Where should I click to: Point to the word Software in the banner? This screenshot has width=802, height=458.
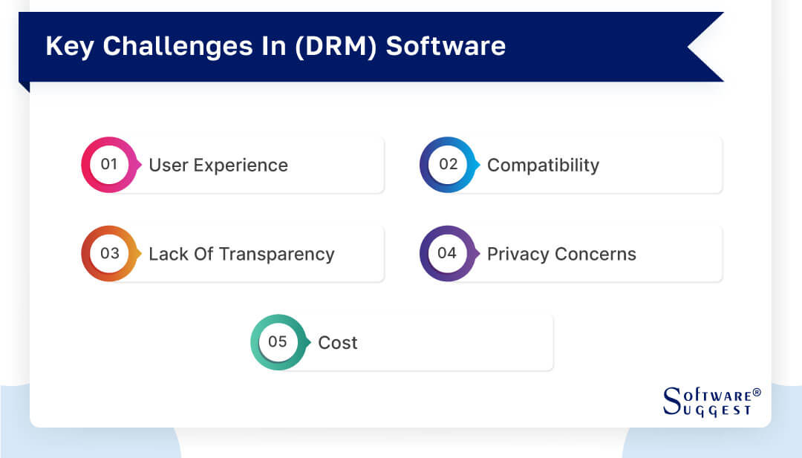pyautogui.click(x=446, y=46)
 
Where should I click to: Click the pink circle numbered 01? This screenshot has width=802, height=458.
pyautogui.click(x=109, y=165)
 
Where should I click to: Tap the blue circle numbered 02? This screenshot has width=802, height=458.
pyautogui.click(x=448, y=165)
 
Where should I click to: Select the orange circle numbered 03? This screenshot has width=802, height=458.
pyautogui.click(x=109, y=254)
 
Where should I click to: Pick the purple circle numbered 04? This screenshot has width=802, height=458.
pyautogui.click(x=448, y=254)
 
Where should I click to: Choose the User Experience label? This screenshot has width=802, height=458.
pyautogui.click(x=218, y=166)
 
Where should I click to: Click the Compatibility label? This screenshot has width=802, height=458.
pyautogui.click(x=543, y=166)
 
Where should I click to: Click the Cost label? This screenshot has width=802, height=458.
pyautogui.click(x=338, y=343)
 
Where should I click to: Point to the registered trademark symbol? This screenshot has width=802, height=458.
pyautogui.click(x=757, y=392)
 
